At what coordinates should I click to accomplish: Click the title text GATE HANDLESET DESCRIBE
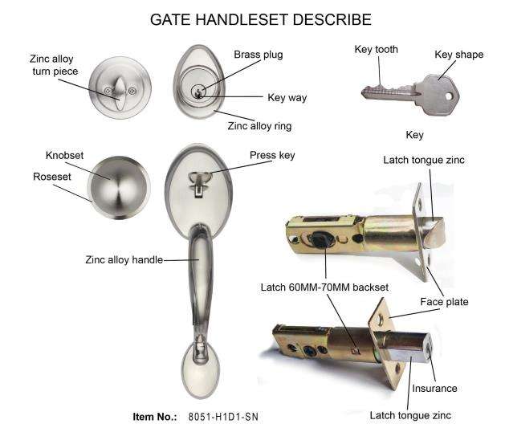pyautogui.click(x=250, y=19)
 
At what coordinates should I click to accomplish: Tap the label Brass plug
pyautogui.click(x=258, y=55)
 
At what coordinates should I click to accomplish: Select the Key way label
pyautogui.click(x=287, y=98)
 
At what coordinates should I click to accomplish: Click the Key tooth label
pyautogui.click(x=376, y=50)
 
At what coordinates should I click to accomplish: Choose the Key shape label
pyautogui.click(x=458, y=55)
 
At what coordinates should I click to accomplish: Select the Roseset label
pyautogui.click(x=52, y=177)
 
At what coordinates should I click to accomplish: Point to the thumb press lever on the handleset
pyautogui.click(x=197, y=177)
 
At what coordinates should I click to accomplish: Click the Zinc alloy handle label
pyautogui.click(x=124, y=259)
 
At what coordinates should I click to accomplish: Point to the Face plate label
pyautogui.click(x=444, y=302)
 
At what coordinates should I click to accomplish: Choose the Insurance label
pyautogui.click(x=434, y=389)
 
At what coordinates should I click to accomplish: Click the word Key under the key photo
pyautogui.click(x=414, y=135)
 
